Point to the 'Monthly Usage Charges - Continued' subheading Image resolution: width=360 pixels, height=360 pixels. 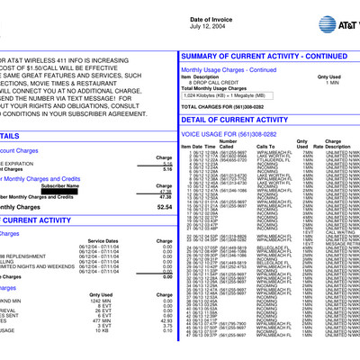pos(233,69)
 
